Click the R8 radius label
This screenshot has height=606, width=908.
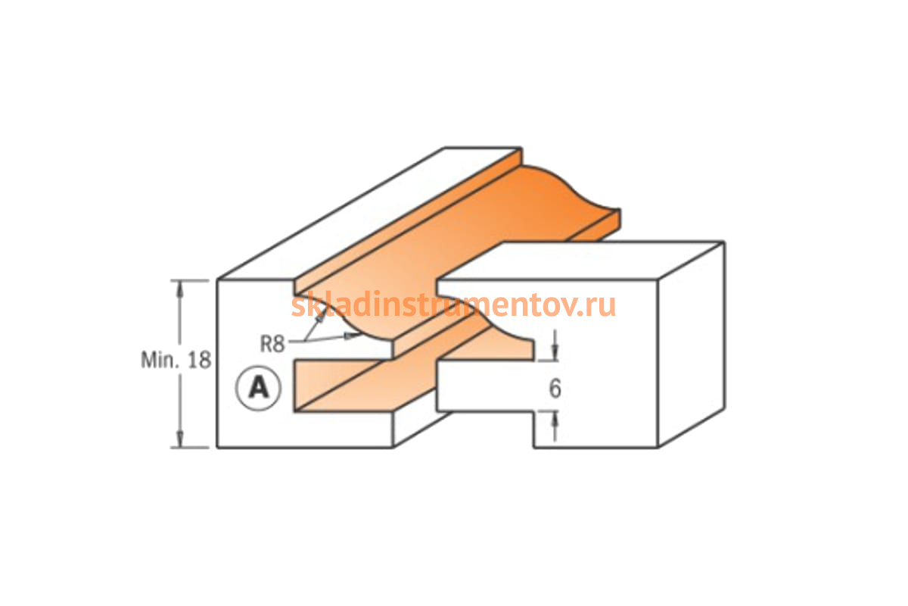point(272,344)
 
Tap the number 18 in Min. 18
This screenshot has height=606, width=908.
point(200,360)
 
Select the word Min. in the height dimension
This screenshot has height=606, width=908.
point(160,360)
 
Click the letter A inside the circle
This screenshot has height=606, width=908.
point(259,388)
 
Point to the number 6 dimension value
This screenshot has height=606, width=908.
point(555,388)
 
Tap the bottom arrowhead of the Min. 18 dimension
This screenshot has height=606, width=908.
point(179,439)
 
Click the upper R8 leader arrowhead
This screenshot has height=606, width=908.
point(321,317)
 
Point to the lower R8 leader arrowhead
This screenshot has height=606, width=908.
point(352,336)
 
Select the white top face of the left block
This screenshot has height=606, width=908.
point(369,214)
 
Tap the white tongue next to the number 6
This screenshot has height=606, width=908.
point(487,386)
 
